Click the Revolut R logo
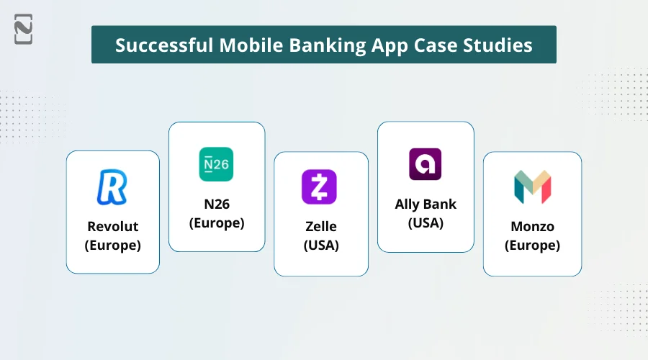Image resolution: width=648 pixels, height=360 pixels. tap(112, 187)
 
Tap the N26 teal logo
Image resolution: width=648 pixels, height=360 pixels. tap(216, 164)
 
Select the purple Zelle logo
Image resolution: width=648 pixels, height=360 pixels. tap(320, 187)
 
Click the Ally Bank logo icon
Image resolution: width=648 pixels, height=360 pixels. tap(425, 164)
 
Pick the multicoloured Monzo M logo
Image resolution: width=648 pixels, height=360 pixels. tap(532, 187)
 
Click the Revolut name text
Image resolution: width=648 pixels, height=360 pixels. tap(112, 226)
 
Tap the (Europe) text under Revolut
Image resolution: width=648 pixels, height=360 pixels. tap(112, 245)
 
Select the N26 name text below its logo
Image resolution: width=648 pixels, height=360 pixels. tap(216, 204)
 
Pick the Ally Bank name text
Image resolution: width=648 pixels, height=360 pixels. tap(426, 204)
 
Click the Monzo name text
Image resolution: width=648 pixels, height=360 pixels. tap(532, 226)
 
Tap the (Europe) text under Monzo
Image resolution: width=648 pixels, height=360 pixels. tap(532, 245)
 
